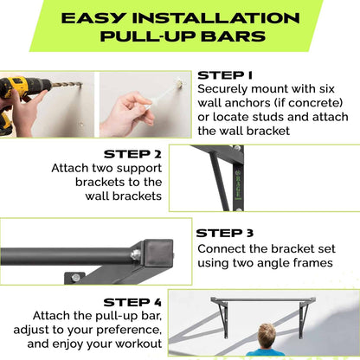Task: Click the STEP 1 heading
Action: (x=224, y=75)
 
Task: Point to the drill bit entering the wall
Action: (x=66, y=86)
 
